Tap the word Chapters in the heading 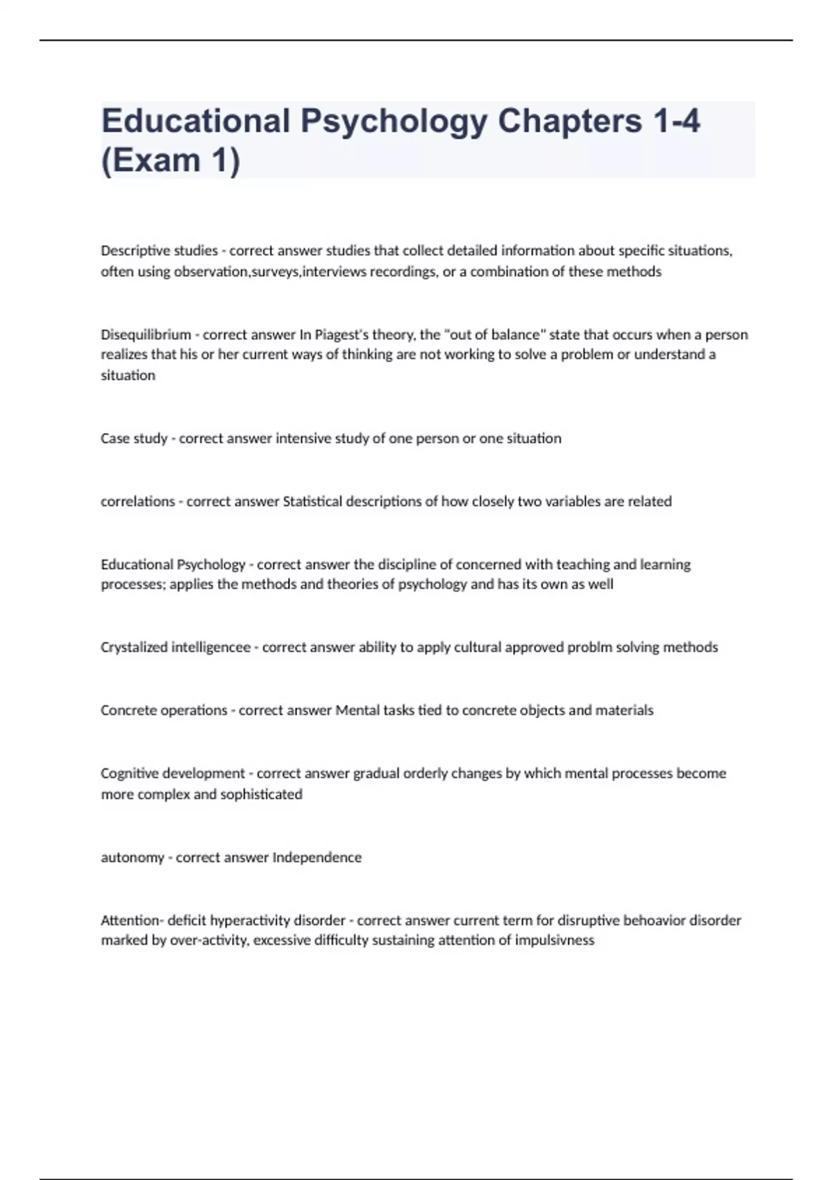[569, 121]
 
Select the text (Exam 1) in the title [171, 161]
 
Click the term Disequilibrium [146, 335]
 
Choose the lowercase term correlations [137, 501]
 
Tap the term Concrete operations [164, 710]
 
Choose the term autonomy [133, 857]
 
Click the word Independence [317, 857]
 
